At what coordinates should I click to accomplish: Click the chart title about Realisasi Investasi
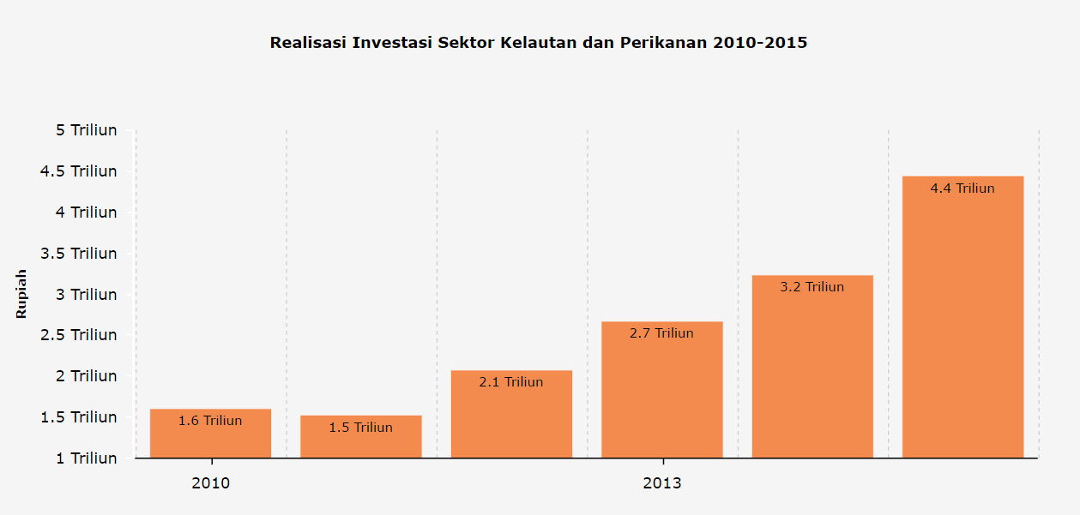pos(539,42)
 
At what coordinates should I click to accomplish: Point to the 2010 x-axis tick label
pos(210,483)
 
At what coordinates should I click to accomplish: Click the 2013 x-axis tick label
pos(661,483)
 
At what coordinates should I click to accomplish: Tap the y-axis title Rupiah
pos(21,294)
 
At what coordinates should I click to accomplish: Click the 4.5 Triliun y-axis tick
pos(80,171)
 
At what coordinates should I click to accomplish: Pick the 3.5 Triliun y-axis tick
pos(80,254)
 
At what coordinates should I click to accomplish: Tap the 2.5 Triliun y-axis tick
pos(80,335)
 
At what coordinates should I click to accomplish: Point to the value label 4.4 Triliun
pos(962,189)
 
